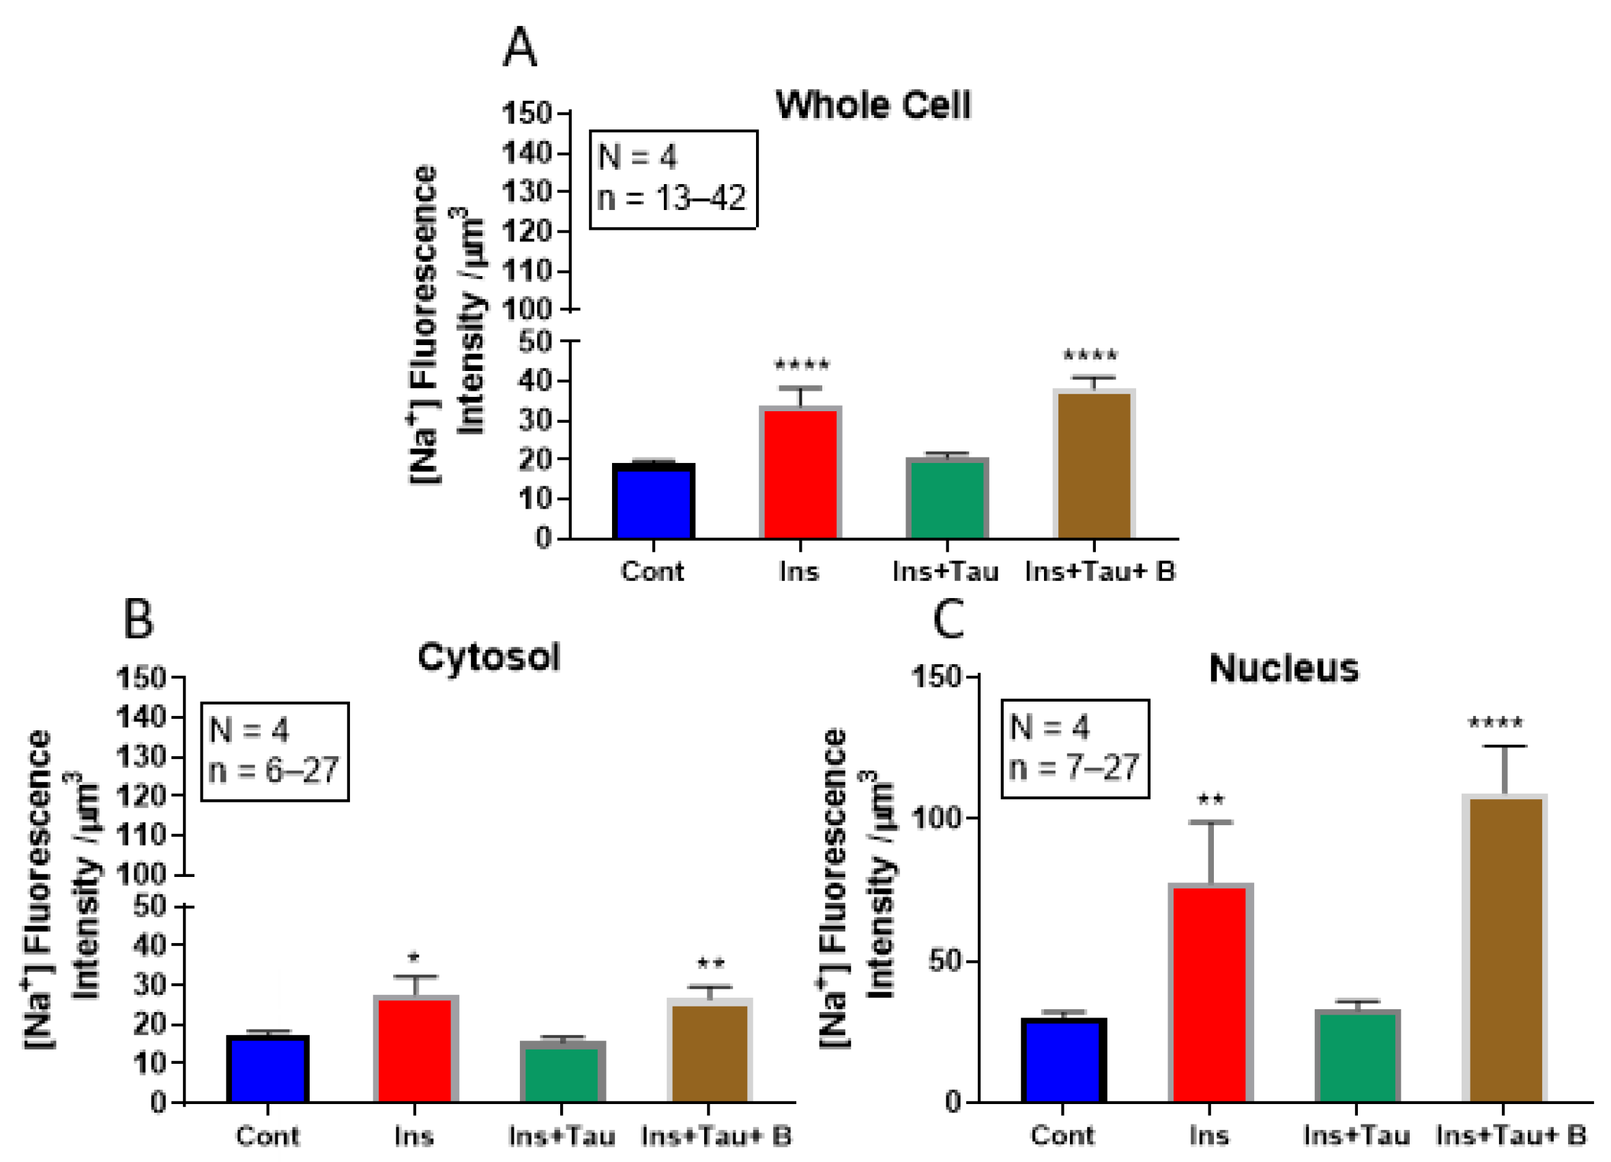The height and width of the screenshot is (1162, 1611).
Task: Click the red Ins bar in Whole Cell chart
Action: pos(800,473)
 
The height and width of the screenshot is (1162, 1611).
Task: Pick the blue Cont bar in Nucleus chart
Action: pos(1063,1060)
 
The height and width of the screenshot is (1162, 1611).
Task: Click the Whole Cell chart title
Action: pos(873,105)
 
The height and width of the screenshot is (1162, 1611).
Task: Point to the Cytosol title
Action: pos(489,657)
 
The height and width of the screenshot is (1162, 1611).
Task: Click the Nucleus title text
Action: pos(1283,668)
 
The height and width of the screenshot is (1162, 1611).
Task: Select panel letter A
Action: pos(519,48)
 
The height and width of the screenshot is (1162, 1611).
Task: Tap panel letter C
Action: pos(948,619)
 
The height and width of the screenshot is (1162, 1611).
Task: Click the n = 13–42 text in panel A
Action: pos(672,198)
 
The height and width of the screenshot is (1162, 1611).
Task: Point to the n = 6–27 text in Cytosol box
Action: pos(274,770)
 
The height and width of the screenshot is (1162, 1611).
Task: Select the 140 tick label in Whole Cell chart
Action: pos(526,153)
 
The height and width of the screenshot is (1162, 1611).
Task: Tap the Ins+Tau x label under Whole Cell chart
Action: pos(946,571)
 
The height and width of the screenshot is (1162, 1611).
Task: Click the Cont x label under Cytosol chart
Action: pos(267,1135)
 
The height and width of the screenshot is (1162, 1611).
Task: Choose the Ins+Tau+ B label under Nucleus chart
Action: pos(1511,1135)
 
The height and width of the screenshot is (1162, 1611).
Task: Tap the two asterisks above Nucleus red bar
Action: pos(1210,800)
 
